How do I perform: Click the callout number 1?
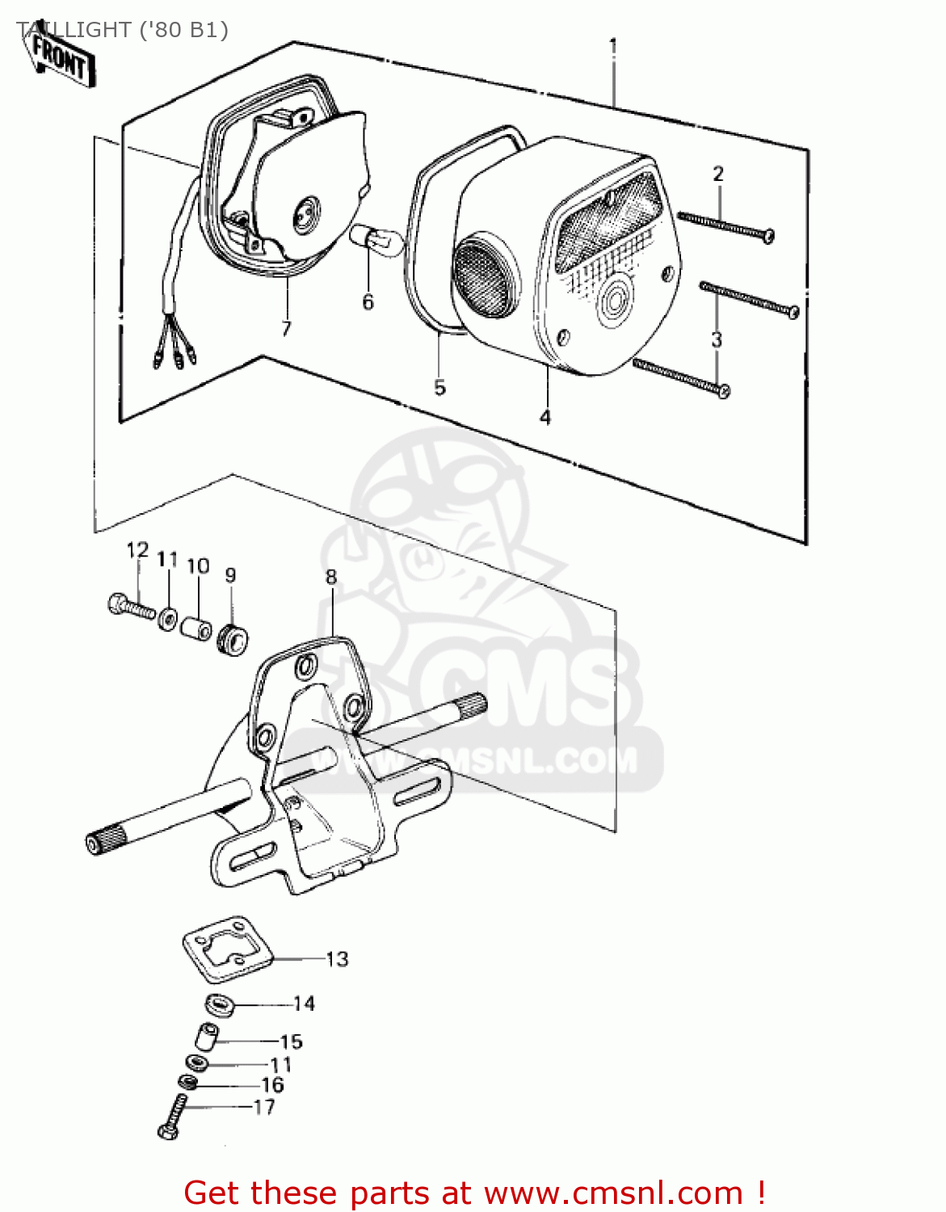coord(613,46)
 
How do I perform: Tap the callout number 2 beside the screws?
coord(717,174)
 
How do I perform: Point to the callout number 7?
coord(286,329)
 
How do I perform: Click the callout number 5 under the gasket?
coord(439,387)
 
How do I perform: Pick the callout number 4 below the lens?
coord(545,417)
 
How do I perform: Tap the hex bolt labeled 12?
coord(129,605)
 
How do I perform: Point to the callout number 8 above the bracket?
coord(331,577)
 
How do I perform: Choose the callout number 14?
coord(304,1004)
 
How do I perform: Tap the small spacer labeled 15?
coord(205,1036)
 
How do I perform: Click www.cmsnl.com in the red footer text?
coord(615,1193)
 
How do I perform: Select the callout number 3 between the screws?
coord(717,340)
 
